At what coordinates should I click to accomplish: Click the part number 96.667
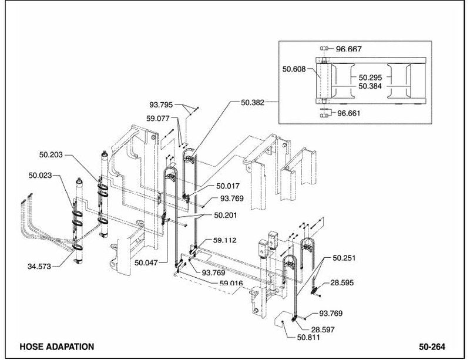348,49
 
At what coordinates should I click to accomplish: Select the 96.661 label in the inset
349,113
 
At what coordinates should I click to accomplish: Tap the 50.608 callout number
294,69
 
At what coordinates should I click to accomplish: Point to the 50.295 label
371,78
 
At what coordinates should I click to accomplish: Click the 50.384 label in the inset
371,86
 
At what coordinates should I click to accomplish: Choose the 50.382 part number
253,103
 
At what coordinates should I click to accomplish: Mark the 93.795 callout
161,105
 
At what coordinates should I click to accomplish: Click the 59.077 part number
158,119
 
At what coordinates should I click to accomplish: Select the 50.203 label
51,154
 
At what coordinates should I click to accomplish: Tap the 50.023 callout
40,176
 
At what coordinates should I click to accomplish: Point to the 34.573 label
39,266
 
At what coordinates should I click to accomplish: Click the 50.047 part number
146,263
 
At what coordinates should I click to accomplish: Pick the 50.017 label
228,186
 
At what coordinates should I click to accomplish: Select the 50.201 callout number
226,215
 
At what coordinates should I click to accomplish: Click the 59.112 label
225,240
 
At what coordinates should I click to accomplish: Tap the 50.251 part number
344,258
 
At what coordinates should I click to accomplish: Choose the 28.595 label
342,282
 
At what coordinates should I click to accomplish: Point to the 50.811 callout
308,338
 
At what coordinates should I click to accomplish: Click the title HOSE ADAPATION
57,347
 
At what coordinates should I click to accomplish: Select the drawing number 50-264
432,347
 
